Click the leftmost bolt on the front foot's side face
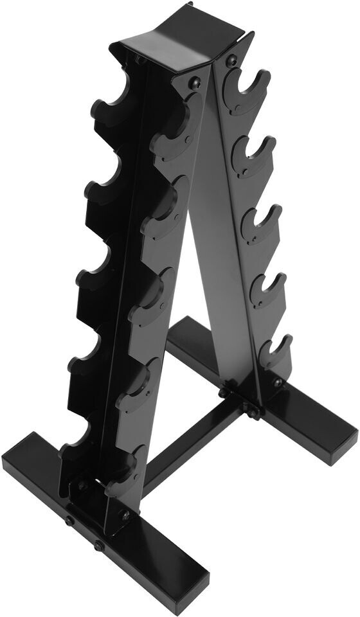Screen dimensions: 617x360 [69, 521]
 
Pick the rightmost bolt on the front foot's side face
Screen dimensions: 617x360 [99, 546]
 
